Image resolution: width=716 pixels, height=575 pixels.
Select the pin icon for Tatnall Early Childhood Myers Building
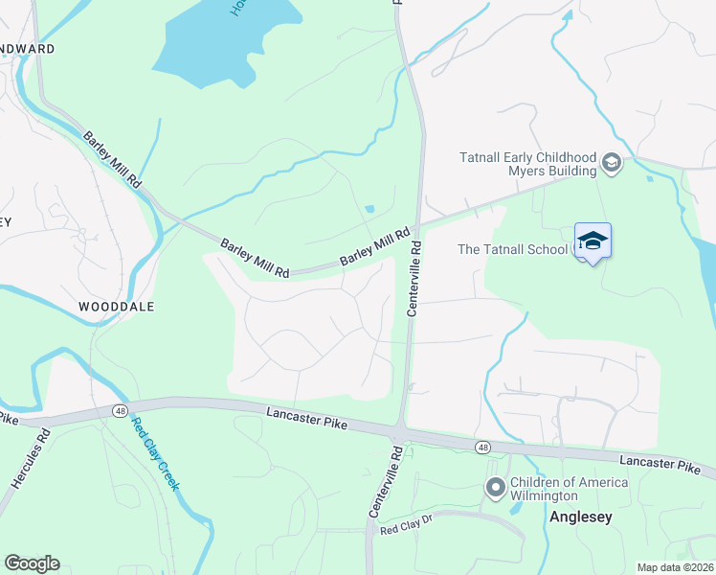(x=612, y=164)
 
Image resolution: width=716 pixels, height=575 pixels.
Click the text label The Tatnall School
(x=514, y=249)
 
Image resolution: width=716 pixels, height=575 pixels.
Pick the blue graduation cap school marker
(x=593, y=241)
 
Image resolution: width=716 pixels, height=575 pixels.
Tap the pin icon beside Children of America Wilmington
(x=495, y=489)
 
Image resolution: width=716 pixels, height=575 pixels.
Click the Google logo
(x=32, y=563)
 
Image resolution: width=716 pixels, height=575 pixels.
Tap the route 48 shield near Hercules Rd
(x=120, y=410)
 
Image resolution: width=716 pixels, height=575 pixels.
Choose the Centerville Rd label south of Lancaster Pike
(x=382, y=482)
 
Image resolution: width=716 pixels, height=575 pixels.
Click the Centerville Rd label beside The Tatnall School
(x=415, y=279)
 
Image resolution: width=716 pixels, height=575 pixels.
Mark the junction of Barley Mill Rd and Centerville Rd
(x=418, y=224)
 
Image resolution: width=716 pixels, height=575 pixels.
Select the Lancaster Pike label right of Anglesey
(x=660, y=463)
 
